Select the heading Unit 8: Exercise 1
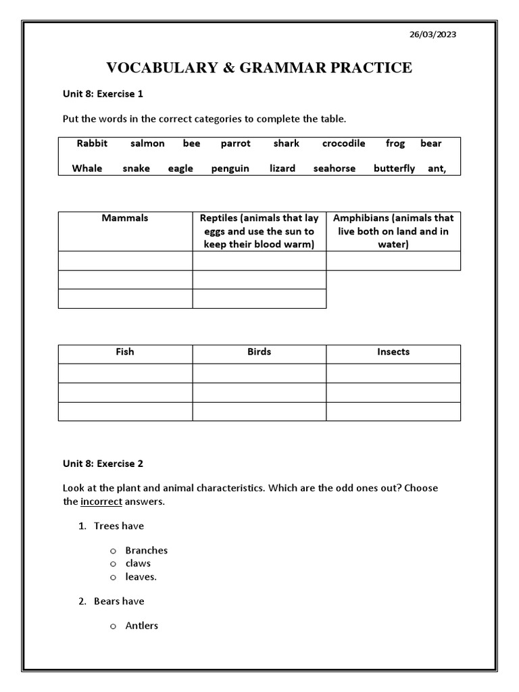coord(103,94)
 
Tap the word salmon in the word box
coord(147,143)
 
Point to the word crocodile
coord(343,143)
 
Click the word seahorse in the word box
coord(334,168)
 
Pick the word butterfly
coord(394,168)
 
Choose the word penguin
coord(230,168)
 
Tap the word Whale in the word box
coord(87,168)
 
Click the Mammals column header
coord(125,218)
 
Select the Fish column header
coord(125,352)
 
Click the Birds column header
coord(259,352)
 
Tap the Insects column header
coord(393,352)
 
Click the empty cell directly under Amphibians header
coord(393,261)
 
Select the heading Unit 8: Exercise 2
coord(103,464)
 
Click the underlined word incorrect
coord(101,501)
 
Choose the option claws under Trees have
coord(138,564)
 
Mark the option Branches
coord(146,550)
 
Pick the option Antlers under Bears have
coord(141,626)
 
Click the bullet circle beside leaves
coord(114,577)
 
